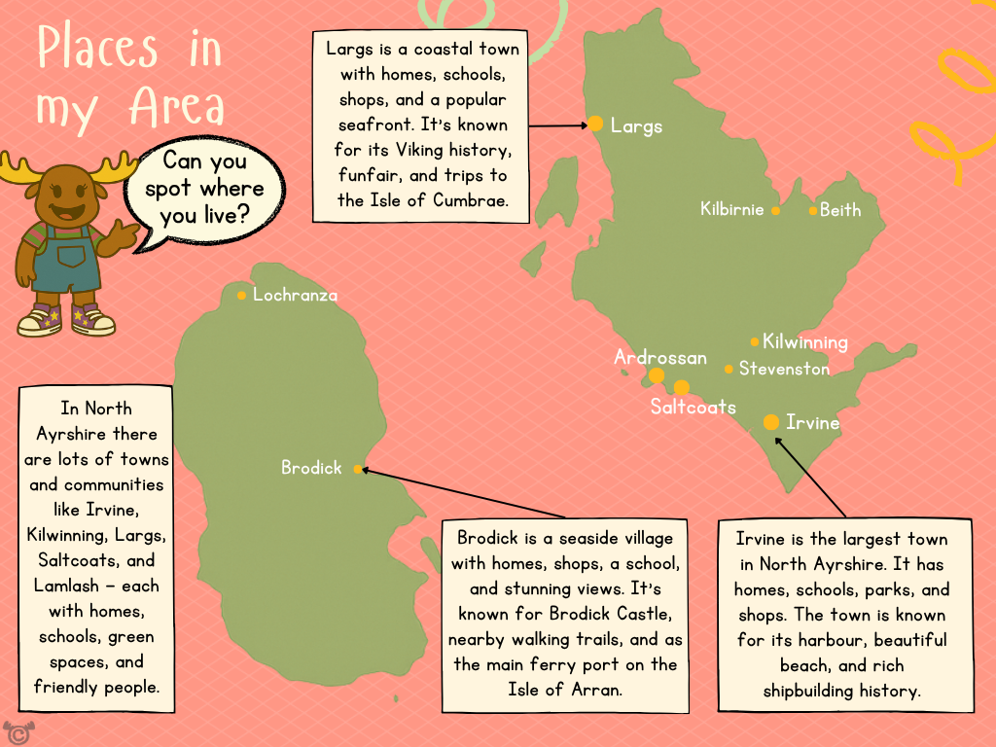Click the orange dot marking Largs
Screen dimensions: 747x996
595,124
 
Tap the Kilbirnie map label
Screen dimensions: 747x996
731,209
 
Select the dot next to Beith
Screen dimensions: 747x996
813,210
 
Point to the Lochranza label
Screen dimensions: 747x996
295,295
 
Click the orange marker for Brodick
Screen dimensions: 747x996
358,469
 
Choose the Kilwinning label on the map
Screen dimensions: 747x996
804,342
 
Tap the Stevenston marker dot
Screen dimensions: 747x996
729,369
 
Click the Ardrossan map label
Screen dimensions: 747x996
659,357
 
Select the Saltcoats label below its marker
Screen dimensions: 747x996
693,407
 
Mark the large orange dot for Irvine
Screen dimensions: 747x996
771,422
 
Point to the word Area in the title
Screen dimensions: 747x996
177,107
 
